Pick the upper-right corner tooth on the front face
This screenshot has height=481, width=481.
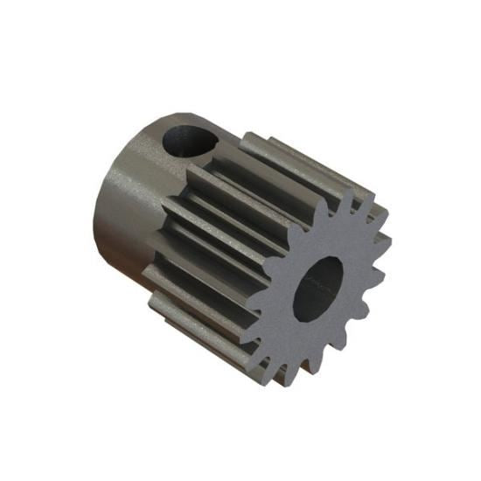pos(380,211)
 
